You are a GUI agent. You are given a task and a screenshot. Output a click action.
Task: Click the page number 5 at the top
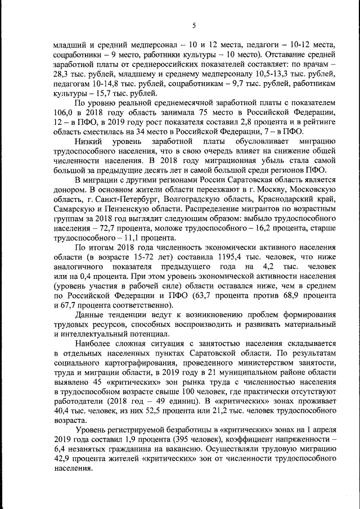point(193,25)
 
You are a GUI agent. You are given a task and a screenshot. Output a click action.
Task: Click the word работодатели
point(79,402)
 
